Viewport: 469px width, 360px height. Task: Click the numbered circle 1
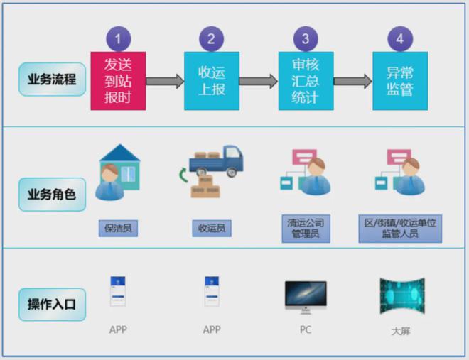[118, 38]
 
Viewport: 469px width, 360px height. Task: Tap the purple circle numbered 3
[306, 38]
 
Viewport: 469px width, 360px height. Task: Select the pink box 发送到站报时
[118, 81]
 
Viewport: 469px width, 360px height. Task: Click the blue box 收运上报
[212, 81]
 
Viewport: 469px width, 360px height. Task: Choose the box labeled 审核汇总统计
[306, 81]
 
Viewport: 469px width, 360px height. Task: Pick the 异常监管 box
[400, 81]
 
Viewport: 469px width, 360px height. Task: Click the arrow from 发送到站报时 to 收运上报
[165, 81]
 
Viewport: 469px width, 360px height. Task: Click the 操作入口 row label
[52, 305]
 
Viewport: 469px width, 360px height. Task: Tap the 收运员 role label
[212, 229]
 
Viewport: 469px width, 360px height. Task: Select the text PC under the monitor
[306, 330]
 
